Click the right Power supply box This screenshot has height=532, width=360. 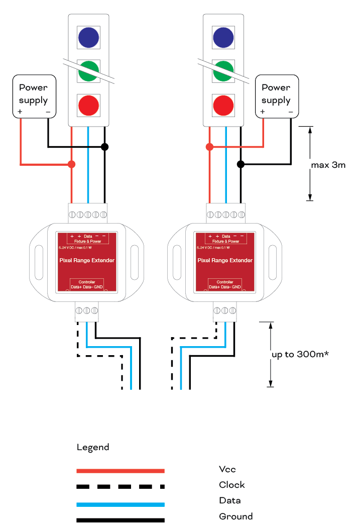click(x=277, y=95)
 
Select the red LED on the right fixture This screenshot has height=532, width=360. click(x=223, y=105)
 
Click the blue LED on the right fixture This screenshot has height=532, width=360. click(x=223, y=37)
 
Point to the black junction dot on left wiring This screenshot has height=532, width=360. click(x=104, y=147)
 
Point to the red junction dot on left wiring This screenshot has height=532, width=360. click(x=72, y=164)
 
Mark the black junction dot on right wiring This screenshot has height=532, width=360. click(x=241, y=164)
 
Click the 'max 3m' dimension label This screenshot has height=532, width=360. click(x=328, y=164)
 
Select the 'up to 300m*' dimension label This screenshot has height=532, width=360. click(x=300, y=354)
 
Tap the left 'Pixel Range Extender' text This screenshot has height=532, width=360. click(x=86, y=260)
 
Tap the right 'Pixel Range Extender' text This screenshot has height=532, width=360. click(x=224, y=260)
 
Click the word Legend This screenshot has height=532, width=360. click(x=93, y=447)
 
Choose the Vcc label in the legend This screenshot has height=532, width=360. click(x=227, y=469)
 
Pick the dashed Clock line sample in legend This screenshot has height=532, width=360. click(x=121, y=486)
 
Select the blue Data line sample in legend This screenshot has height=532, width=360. click(x=121, y=504)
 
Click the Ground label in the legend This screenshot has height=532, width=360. click(x=235, y=516)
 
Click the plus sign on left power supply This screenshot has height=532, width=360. click(x=20, y=111)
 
